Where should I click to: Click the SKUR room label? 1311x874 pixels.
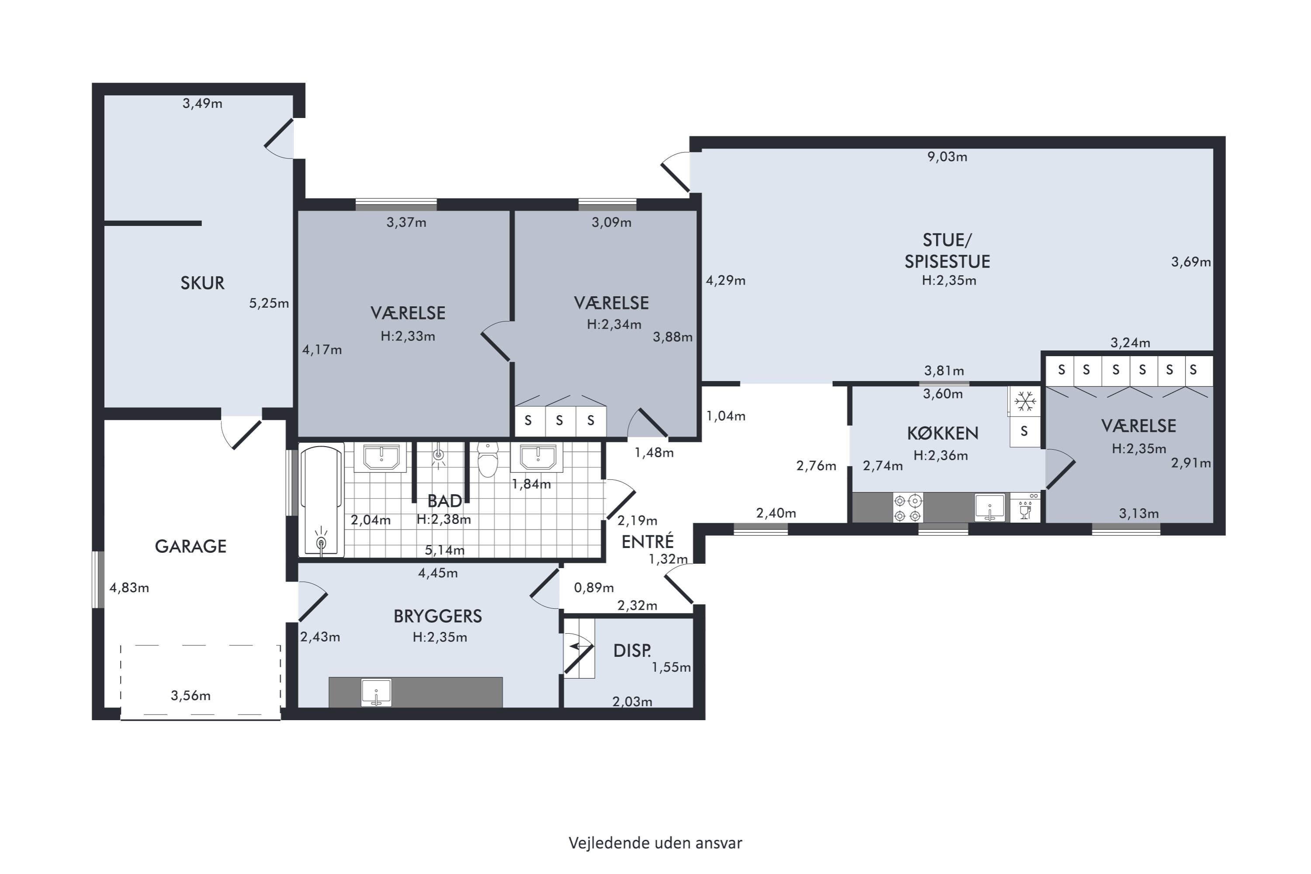[x=202, y=283]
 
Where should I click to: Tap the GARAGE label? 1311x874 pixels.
[x=191, y=546]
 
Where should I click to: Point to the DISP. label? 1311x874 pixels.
[x=632, y=651]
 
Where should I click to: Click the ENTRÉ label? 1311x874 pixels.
[x=648, y=541]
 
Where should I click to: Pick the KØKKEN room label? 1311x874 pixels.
[x=943, y=433]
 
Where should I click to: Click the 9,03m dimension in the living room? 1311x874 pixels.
[x=947, y=156]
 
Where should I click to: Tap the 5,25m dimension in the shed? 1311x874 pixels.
[x=269, y=303]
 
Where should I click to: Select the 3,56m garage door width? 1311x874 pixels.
[x=191, y=695]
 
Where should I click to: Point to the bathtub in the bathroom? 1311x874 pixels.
[x=321, y=500]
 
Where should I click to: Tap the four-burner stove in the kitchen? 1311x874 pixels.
[x=908, y=507]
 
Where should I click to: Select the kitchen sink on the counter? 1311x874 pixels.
[x=989, y=507]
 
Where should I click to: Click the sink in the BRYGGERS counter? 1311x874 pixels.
[x=376, y=692]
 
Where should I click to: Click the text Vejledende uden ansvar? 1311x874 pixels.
[x=655, y=843]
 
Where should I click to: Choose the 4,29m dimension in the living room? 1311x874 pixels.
[x=726, y=281]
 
